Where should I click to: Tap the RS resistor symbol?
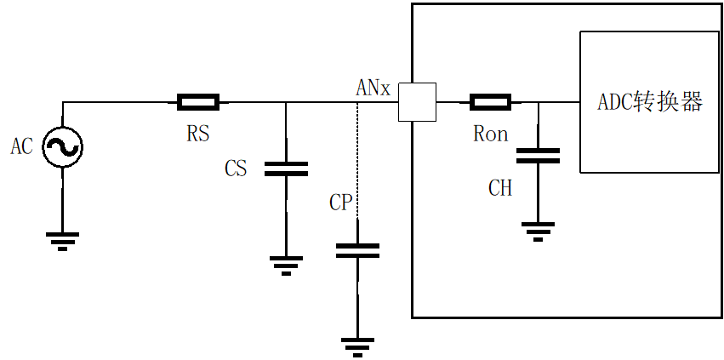pyautogui.click(x=198, y=102)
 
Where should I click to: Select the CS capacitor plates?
pyautogui.click(x=286, y=169)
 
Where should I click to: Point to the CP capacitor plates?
pyautogui.click(x=357, y=250)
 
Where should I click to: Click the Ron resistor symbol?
pyautogui.click(x=490, y=102)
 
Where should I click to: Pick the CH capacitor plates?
pyautogui.click(x=538, y=156)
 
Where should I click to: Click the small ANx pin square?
pyautogui.click(x=417, y=102)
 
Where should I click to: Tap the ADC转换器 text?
pyautogui.click(x=650, y=102)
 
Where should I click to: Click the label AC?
pyautogui.click(x=22, y=147)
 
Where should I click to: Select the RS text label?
pyautogui.click(x=198, y=133)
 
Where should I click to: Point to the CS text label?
pyautogui.click(x=236, y=169)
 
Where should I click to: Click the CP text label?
pyautogui.click(x=341, y=203)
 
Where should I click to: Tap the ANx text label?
pyautogui.click(x=373, y=88)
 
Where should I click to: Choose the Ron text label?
pyautogui.click(x=490, y=134)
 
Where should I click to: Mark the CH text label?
pyautogui.click(x=500, y=188)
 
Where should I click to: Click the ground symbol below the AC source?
pyautogui.click(x=62, y=241)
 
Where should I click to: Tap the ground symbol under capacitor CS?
pyautogui.click(x=286, y=266)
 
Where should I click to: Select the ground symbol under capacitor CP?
pyautogui.click(x=357, y=347)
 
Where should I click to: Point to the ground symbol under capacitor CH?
pyautogui.click(x=538, y=231)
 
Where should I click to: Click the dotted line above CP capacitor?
pyautogui.click(x=357, y=160)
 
